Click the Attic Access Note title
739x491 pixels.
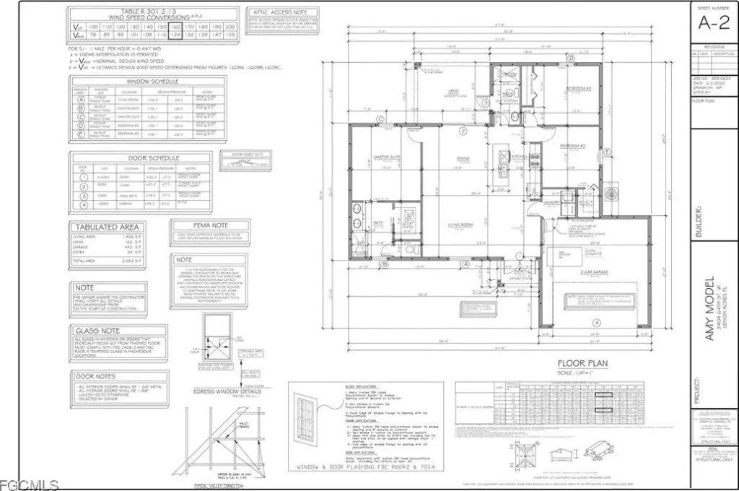pos(279,12)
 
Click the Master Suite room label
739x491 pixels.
pos(387,157)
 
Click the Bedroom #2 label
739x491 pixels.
pos(576,146)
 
